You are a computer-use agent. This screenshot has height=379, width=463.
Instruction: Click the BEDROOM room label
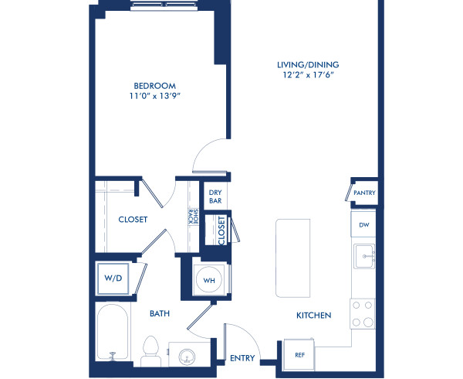(155, 86)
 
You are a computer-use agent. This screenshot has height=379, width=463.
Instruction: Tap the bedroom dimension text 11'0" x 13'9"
(155, 97)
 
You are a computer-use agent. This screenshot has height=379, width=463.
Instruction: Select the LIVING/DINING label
(309, 65)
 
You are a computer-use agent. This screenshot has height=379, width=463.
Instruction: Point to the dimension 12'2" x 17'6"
(309, 76)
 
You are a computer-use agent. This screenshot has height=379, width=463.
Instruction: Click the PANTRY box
(363, 193)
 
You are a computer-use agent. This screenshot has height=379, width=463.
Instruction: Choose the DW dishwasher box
(363, 225)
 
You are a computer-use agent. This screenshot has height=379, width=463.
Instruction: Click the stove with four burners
(363, 313)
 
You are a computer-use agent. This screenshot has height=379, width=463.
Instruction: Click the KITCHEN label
(313, 316)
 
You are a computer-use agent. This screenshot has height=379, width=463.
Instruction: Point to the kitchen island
(293, 258)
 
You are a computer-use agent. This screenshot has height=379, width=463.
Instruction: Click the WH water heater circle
(207, 279)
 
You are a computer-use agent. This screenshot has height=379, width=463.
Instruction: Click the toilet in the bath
(151, 352)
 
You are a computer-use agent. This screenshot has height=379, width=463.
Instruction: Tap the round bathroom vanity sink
(186, 357)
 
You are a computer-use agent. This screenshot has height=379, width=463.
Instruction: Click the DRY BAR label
(214, 196)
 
